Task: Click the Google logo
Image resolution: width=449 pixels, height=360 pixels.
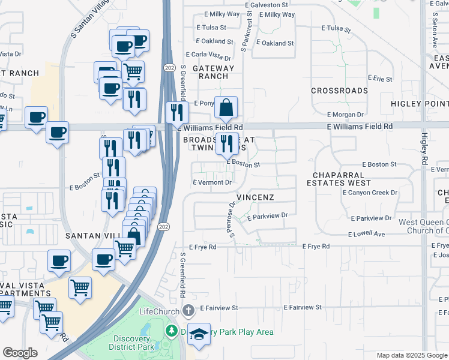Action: pyautogui.click(x=20, y=353)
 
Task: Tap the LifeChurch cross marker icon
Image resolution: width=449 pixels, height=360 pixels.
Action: pyautogui.click(x=188, y=310)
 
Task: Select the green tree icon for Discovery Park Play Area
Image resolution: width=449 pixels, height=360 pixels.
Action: pyautogui.click(x=171, y=331)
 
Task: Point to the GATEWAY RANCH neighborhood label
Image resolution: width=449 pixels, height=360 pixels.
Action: pyautogui.click(x=210, y=72)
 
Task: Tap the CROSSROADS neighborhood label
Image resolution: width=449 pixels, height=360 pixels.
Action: pyautogui.click(x=339, y=91)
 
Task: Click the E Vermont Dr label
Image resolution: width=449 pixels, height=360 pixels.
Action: pyautogui.click(x=212, y=182)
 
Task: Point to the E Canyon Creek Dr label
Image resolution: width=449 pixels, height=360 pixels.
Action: pyautogui.click(x=370, y=193)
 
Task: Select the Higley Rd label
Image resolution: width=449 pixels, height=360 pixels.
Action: pyautogui.click(x=423, y=150)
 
